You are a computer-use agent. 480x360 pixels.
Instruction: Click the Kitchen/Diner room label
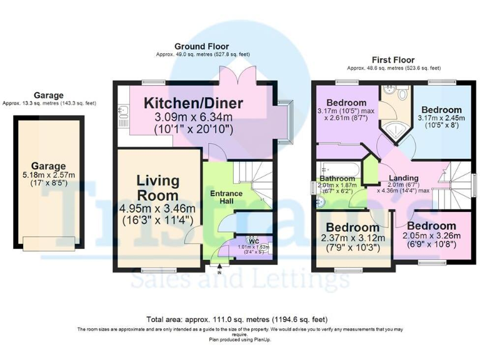(x=194, y=102)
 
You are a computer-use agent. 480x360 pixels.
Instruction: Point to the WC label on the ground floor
(x=253, y=241)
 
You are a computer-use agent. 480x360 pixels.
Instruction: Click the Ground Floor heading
(x=201, y=46)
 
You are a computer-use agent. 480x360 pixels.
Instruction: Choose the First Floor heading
(x=393, y=59)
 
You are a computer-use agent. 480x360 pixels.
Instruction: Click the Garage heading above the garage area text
(x=49, y=95)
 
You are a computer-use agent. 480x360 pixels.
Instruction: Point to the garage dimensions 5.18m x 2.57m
(x=49, y=177)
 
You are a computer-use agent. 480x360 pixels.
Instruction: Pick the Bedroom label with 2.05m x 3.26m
(x=431, y=226)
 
